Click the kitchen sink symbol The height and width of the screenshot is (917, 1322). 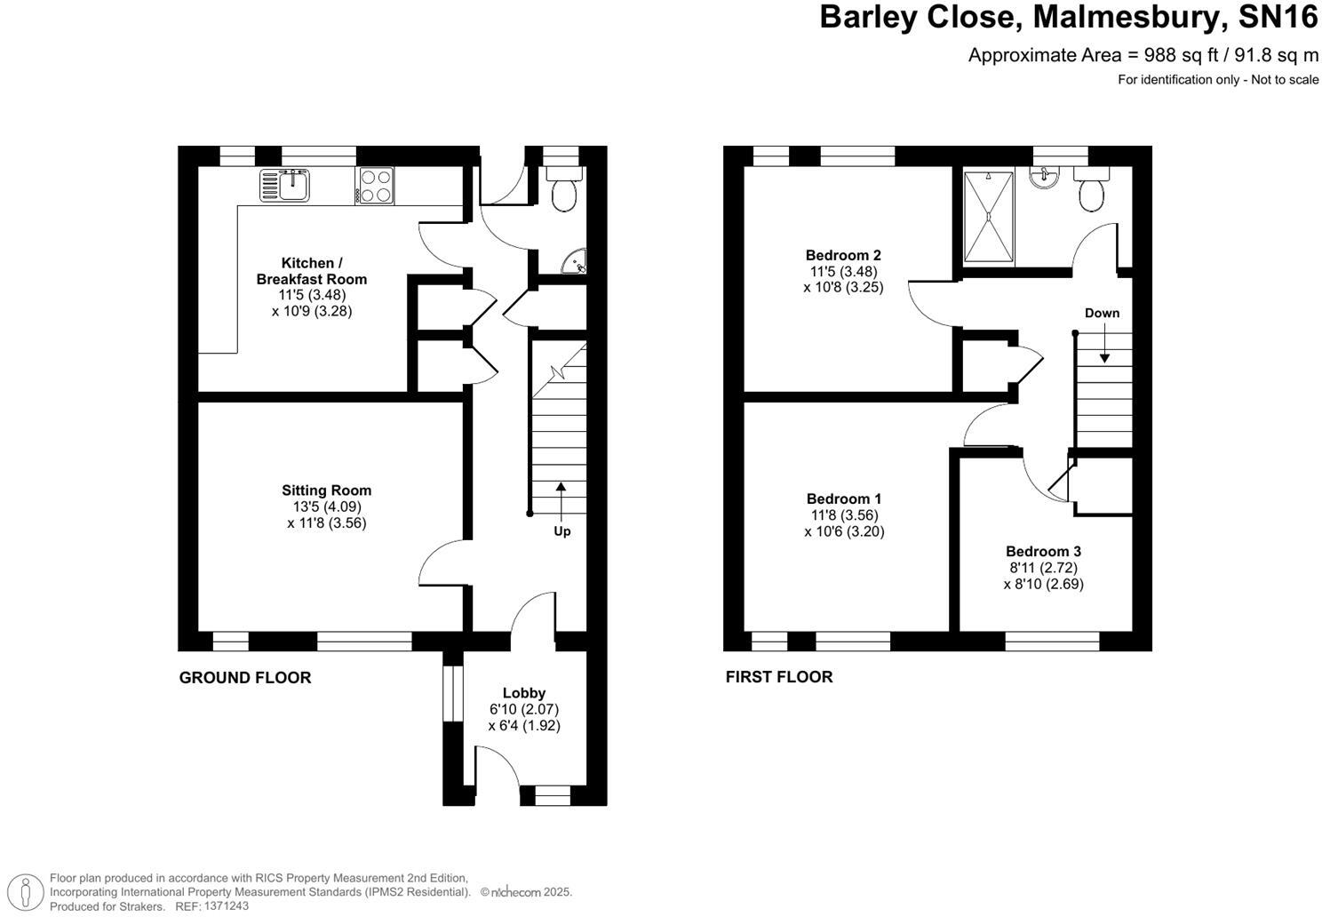coord(284,185)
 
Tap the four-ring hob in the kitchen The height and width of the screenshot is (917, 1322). coord(375,186)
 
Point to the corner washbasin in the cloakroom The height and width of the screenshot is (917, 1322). coord(577,262)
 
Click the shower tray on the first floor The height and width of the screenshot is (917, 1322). coord(989,217)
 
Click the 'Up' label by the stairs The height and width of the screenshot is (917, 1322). coord(561,531)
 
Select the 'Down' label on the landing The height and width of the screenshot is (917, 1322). coord(1102,313)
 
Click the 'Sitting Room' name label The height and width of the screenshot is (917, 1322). coord(326,490)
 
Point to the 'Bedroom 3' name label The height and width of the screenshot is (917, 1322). coord(1043,552)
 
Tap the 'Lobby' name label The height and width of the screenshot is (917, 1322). coord(524,693)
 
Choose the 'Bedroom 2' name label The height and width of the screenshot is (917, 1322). coord(843,255)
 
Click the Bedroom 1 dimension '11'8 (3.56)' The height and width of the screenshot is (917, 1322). coord(844,515)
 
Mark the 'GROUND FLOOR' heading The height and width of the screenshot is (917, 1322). coord(245,678)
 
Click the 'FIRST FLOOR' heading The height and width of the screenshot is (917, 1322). coord(779,677)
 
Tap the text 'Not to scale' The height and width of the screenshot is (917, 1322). coord(1285,80)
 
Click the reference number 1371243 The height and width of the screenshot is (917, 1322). coord(226,906)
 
